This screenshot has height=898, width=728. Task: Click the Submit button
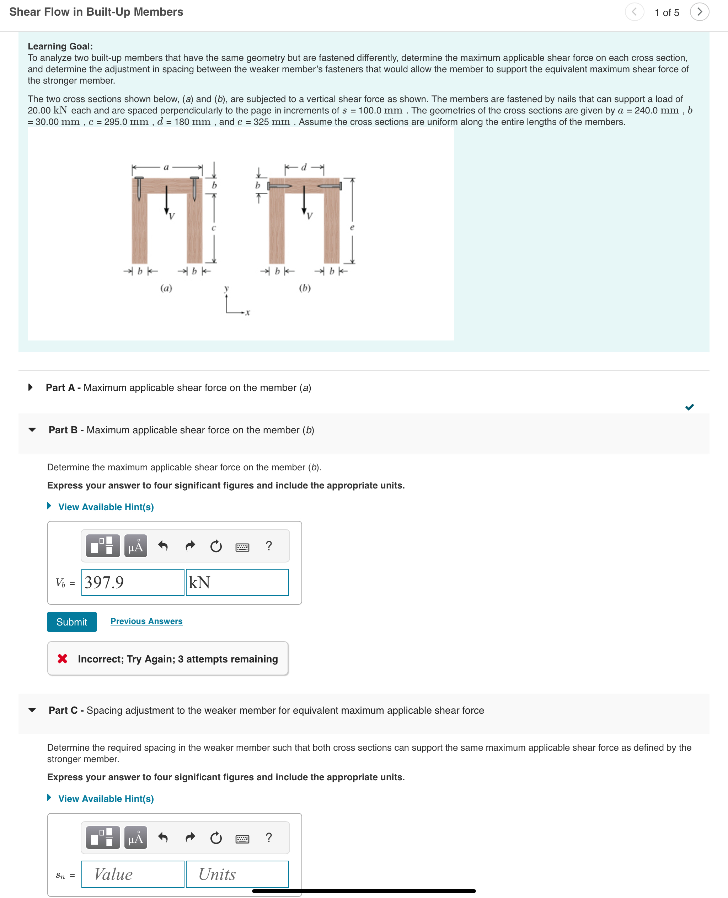[72, 622]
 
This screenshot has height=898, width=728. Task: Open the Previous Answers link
[146, 621]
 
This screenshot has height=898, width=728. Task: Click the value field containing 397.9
[133, 582]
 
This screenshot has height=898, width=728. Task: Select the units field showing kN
[237, 582]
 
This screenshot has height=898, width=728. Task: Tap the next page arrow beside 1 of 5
[699, 12]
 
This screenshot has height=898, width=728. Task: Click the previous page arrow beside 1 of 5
[634, 12]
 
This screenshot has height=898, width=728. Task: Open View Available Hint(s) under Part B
[106, 507]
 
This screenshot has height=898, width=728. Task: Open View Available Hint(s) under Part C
[106, 798]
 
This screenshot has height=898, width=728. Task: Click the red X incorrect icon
[63, 659]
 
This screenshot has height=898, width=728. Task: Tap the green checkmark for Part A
[689, 407]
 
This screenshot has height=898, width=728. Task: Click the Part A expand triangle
[31, 387]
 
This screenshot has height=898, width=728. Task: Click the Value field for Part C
[133, 874]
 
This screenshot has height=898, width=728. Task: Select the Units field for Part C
[237, 874]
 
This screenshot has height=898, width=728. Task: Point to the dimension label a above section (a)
[166, 167]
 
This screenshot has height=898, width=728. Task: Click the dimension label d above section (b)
[304, 167]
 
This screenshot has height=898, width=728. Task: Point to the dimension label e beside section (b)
[352, 227]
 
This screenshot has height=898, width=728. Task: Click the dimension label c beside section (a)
[213, 228]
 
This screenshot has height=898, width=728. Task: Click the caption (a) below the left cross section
[166, 288]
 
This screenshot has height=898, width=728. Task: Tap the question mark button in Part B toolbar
[269, 545]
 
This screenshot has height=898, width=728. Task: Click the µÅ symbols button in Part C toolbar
[135, 838]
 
